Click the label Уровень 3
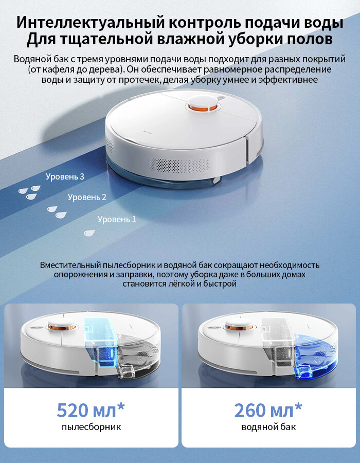pyautogui.click(x=65, y=176)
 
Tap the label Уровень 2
pyautogui.click(x=87, y=197)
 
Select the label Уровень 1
pyautogui.click(x=117, y=219)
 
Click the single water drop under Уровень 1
pyautogui.click(x=89, y=233)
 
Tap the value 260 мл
pyautogui.click(x=264, y=410)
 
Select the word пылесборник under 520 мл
pyautogui.click(x=92, y=427)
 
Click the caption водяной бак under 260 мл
pyautogui.click(x=268, y=427)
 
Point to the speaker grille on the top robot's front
pyautogui.click(x=179, y=165)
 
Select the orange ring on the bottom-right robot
pyautogui.click(x=240, y=327)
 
